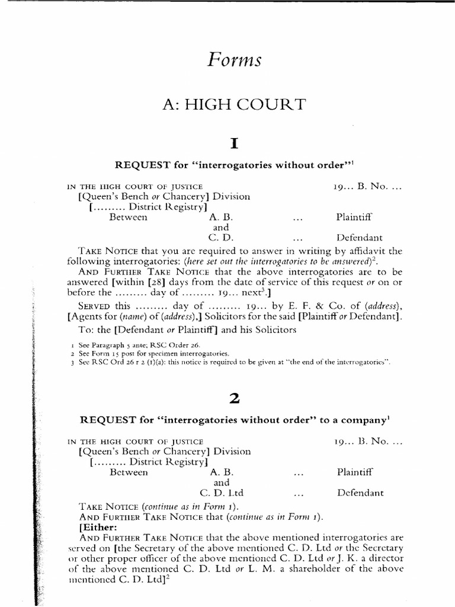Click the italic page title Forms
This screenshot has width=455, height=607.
[x=233, y=60]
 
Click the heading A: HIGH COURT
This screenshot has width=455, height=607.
[x=233, y=105]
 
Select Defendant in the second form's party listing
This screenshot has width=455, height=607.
[x=360, y=493]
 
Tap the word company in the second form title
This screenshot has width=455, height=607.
[x=363, y=420]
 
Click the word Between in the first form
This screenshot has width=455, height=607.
[x=129, y=218]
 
